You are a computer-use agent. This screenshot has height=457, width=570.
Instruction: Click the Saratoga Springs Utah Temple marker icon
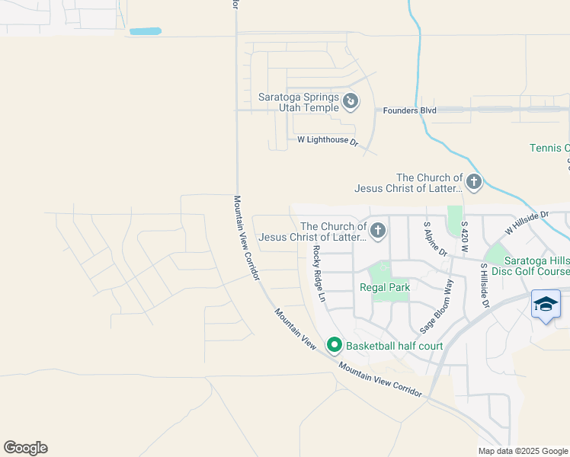click(350, 101)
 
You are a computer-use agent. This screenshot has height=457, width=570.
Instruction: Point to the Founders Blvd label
click(409, 110)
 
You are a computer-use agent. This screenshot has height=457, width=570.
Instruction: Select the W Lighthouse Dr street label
click(328, 140)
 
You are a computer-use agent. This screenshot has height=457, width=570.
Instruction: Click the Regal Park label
click(386, 287)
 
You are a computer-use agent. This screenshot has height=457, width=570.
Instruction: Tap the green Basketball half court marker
click(334, 346)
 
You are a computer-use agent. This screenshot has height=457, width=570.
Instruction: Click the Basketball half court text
click(395, 346)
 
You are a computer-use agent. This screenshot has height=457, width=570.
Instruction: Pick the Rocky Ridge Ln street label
click(319, 274)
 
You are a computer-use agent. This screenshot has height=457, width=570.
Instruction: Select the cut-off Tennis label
click(549, 148)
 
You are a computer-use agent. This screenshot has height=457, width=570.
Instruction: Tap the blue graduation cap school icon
click(546, 305)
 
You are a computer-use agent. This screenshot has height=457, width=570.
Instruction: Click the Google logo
click(25, 448)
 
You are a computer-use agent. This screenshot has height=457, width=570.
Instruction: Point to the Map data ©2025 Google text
click(523, 451)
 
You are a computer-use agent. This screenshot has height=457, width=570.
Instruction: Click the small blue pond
click(146, 32)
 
